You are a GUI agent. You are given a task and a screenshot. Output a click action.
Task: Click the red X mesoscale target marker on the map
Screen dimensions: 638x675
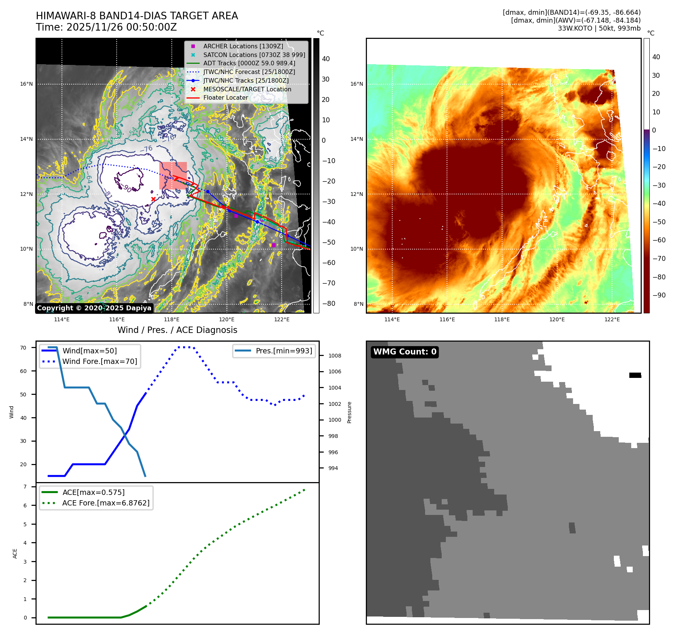coord(153,199)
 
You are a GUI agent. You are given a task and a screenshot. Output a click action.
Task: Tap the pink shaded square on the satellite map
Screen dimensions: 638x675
coord(173,176)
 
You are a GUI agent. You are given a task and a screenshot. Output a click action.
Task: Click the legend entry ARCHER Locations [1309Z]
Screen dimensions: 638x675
coord(243,46)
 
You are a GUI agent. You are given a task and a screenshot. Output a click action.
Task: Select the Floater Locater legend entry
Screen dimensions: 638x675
coord(225,97)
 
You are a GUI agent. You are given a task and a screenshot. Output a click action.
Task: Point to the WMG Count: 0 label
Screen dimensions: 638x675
coord(405,352)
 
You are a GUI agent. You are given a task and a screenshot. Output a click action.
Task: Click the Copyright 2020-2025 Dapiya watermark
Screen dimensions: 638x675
coord(94,308)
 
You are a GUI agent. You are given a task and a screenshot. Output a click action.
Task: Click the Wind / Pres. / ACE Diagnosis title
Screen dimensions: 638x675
coord(177,330)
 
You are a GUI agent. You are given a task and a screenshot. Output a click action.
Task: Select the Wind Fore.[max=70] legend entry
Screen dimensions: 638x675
coord(100,361)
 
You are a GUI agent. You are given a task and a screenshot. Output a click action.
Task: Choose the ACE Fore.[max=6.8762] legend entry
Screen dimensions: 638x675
coord(106,503)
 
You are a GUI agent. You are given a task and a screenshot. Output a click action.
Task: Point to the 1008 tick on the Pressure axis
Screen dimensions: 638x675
coord(334,356)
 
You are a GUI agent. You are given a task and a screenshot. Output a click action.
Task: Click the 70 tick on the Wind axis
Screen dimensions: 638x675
coord(23,348)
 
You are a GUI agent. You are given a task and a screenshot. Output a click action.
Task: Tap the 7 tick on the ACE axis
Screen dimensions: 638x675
coord(25,487)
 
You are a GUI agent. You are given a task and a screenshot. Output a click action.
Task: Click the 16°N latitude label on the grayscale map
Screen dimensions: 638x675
coord(26,84)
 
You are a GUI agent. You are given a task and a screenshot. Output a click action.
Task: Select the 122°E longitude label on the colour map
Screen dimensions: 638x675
coord(612,319)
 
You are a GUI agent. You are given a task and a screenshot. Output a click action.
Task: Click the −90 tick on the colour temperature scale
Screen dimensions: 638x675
coord(659,295)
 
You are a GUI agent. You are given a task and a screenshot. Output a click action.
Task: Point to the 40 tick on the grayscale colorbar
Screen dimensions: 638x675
coord(326,59)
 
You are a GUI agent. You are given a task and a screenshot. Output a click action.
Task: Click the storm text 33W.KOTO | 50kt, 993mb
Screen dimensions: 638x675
coord(599,28)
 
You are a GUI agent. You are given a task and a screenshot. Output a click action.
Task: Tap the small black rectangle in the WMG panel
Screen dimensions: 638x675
coord(635,375)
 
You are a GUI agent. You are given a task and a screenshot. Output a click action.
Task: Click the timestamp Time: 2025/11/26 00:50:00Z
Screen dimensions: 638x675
coord(106,27)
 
